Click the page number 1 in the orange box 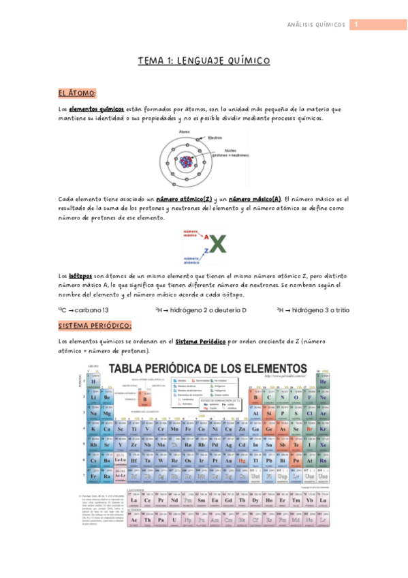coord(355,25)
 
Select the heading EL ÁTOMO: coord(77,93)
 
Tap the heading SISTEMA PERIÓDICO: coord(95,326)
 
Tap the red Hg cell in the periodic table coord(241,461)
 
